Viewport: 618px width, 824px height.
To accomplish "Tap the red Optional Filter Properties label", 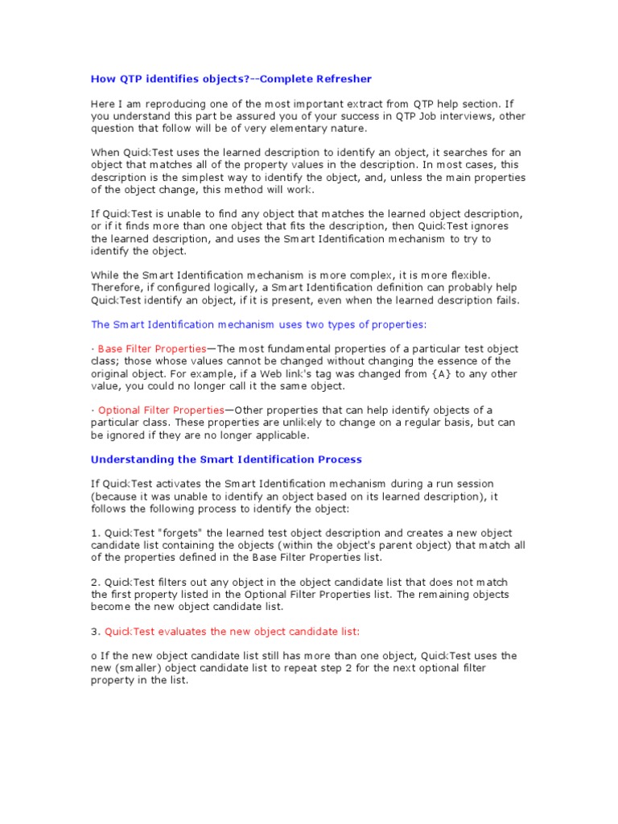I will (x=161, y=410).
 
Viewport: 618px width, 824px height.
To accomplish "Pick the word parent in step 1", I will (x=384, y=546).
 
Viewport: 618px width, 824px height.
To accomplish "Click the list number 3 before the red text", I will (x=94, y=632).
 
